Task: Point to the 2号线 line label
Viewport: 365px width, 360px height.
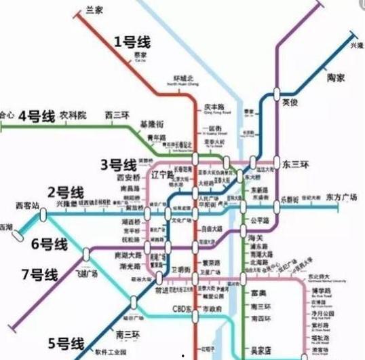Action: click(65, 192)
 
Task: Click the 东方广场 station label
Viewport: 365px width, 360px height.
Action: click(342, 197)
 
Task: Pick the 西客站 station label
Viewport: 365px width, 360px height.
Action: click(28, 204)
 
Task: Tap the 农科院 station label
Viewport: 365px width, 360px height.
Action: click(73, 115)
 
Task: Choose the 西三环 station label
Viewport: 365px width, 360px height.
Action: click(117, 116)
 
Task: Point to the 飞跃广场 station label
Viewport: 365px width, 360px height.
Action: click(87, 273)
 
